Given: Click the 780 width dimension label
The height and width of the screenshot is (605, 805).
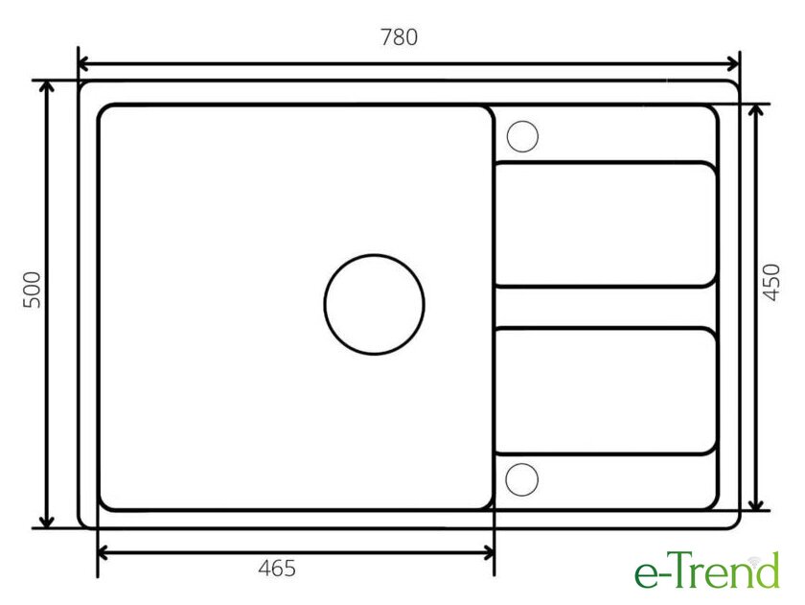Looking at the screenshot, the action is coord(399,37).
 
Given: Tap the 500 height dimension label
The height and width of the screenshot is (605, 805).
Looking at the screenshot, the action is coord(33,290).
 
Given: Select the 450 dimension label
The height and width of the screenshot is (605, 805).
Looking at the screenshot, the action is coord(771,282).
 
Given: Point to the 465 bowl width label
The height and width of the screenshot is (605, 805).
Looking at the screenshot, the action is coord(277,568).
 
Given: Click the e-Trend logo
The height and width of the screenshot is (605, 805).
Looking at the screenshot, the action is coord(707,570).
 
